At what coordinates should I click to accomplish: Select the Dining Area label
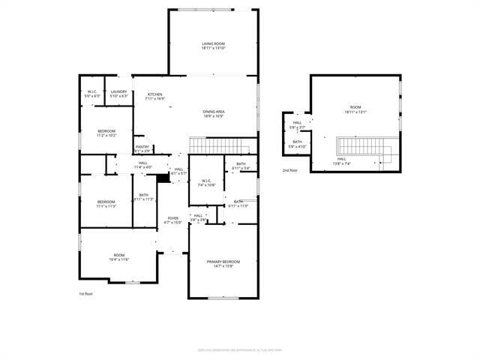click(213, 114)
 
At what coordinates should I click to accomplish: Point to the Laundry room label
click(118, 94)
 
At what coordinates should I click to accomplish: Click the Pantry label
click(142, 148)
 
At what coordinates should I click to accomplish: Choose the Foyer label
click(172, 220)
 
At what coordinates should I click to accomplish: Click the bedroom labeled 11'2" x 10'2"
click(106, 133)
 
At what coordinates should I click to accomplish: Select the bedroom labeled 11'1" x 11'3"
click(106, 203)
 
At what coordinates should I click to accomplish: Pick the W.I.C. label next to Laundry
click(92, 94)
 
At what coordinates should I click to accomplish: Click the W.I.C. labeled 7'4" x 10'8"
click(207, 182)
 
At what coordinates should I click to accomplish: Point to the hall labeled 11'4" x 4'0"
click(142, 165)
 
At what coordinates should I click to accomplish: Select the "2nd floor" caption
click(290, 171)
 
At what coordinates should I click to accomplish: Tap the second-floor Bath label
click(298, 143)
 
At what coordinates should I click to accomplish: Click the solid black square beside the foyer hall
click(163, 178)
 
